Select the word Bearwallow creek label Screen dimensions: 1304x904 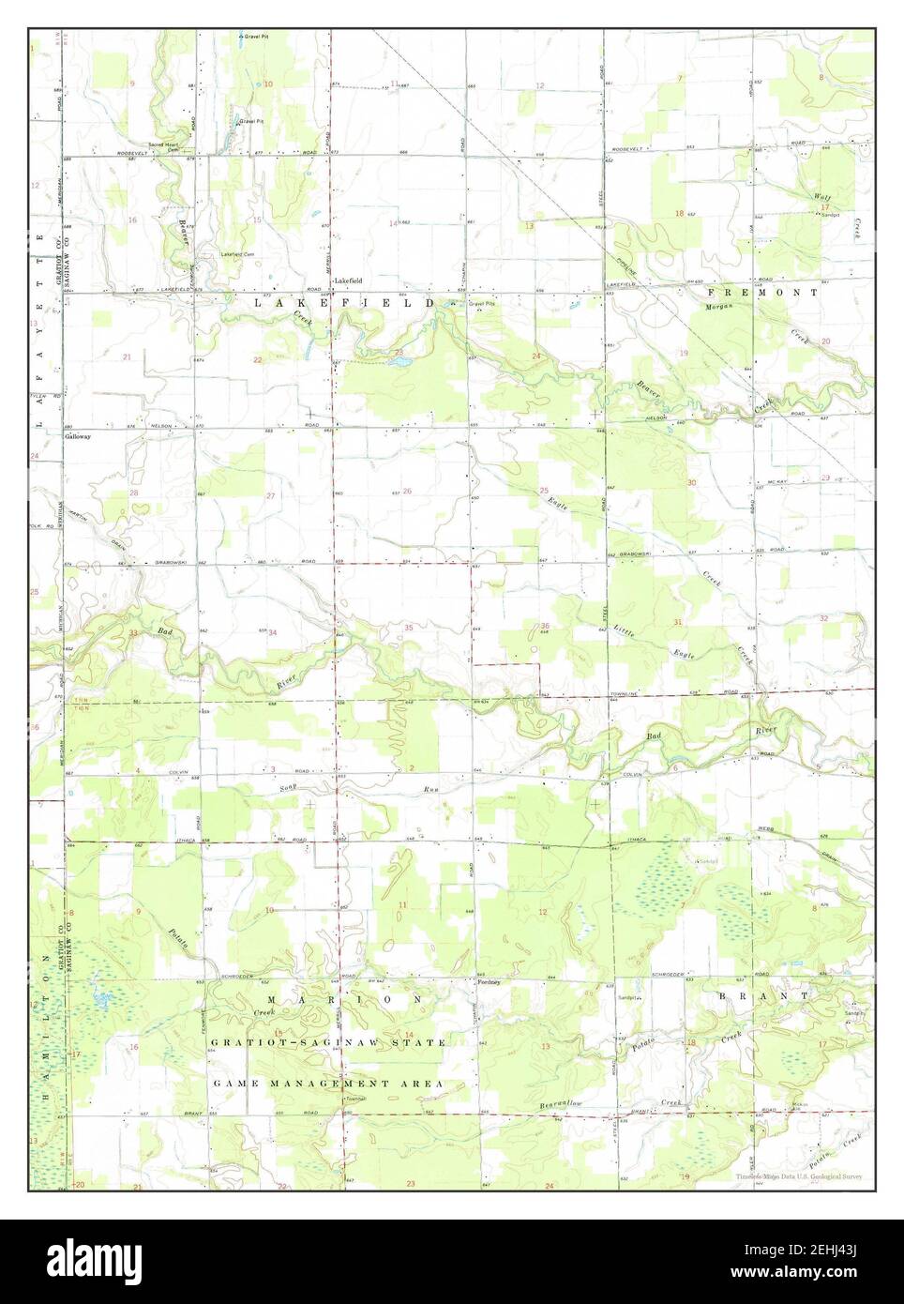[561, 1104]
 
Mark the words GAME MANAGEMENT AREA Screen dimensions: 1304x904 [327, 1083]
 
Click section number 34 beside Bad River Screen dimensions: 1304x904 [273, 633]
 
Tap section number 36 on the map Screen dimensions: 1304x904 [545, 626]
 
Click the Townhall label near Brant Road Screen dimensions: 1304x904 [354, 1099]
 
